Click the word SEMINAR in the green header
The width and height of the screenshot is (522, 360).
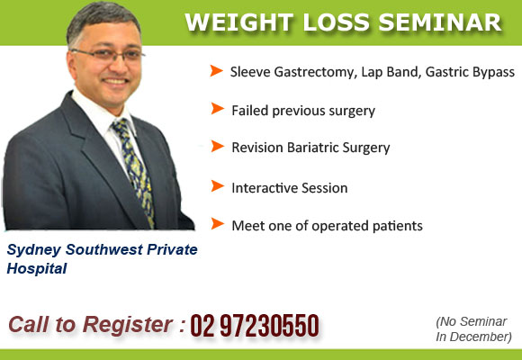[x=439, y=21]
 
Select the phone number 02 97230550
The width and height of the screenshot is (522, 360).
[x=254, y=326]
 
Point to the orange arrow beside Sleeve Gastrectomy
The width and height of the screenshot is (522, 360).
[x=216, y=70]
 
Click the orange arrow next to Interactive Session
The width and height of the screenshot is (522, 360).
[x=216, y=186]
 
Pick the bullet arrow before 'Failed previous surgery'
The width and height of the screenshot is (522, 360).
[x=216, y=109]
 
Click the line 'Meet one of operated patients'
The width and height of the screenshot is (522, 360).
[x=327, y=225]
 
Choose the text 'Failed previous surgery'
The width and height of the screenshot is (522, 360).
[x=302, y=111]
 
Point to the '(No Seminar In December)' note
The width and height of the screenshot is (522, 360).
[x=473, y=329]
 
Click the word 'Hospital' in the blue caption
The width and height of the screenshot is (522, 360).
[x=37, y=268]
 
